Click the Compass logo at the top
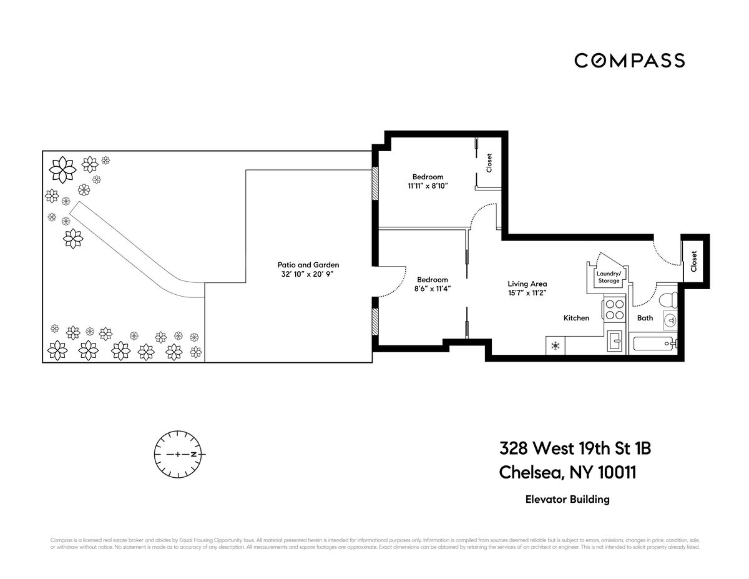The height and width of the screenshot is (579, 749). (629, 61)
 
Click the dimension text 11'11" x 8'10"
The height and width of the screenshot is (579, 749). (428, 186)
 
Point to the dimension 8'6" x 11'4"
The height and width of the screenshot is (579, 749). (433, 289)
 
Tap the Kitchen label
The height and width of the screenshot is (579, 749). (575, 318)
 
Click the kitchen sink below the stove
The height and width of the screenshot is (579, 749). (614, 340)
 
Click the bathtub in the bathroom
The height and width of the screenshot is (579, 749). (655, 344)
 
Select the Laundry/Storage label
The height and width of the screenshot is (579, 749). (608, 277)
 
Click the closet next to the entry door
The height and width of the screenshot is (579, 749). (694, 260)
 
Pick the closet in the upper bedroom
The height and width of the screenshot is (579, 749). (489, 163)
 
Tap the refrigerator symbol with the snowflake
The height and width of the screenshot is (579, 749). (555, 345)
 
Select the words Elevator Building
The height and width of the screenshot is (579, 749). (566, 499)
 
